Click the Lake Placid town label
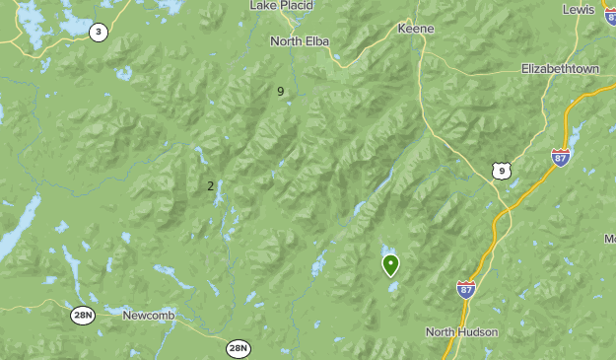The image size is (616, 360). pos(281,6)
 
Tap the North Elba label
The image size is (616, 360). pos(300,41)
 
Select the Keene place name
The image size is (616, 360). pos(415,29)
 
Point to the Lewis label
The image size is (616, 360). pos(579,9)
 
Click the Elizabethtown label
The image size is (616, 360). pos(560,69)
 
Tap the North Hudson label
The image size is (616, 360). pos(461,331)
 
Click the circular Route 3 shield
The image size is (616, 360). pos(98,33)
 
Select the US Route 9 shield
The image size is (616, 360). pos(502,171)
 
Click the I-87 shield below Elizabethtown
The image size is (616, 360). pos(560,156)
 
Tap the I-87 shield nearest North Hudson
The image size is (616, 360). pos(466,288)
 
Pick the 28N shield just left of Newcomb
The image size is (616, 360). pos(83,315)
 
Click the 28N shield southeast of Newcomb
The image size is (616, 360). pos(238,348)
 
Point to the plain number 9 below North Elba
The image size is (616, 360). pos(281,92)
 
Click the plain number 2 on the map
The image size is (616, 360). pos(210,185)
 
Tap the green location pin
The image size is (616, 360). pos(390,263)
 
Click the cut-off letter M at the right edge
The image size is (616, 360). pos(610,240)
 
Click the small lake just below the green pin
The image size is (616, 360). pos(393,287)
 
